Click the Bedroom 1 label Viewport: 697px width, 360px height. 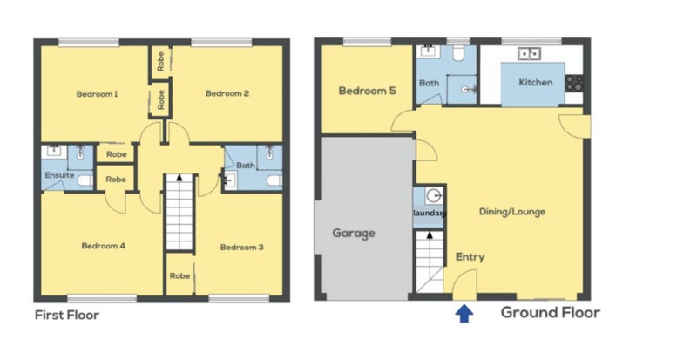pyautogui.click(x=97, y=94)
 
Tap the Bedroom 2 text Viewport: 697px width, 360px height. pyautogui.click(x=227, y=93)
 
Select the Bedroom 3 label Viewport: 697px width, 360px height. pyautogui.click(x=242, y=248)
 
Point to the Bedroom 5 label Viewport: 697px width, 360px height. pyautogui.click(x=367, y=91)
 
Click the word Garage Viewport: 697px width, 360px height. pyautogui.click(x=354, y=234)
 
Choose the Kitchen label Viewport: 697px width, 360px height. pyautogui.click(x=536, y=82)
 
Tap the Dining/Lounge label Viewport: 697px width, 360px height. pyautogui.click(x=512, y=212)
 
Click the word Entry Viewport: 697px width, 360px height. pyautogui.click(x=470, y=257)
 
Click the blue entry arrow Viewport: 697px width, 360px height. pyautogui.click(x=464, y=314)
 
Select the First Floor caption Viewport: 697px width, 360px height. pyautogui.click(x=67, y=315)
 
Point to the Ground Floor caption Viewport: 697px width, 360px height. pyautogui.click(x=551, y=312)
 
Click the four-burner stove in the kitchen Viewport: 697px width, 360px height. pyautogui.click(x=574, y=83)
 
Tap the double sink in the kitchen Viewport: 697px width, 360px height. pyautogui.click(x=529, y=54)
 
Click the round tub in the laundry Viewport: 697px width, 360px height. pyautogui.click(x=434, y=195)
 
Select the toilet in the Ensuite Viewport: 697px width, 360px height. pyautogui.click(x=85, y=180)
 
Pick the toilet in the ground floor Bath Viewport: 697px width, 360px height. pyautogui.click(x=458, y=53)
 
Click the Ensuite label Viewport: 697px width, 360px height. pyautogui.click(x=59, y=175)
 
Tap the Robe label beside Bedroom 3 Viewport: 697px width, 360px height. pyautogui.click(x=180, y=276)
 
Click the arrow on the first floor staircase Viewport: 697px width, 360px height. pyautogui.click(x=179, y=178)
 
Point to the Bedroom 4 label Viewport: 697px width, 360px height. pyautogui.click(x=103, y=246)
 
